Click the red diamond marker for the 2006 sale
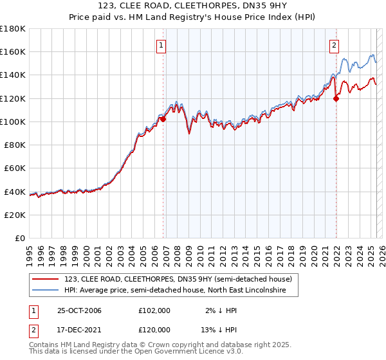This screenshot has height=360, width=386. click(163, 119)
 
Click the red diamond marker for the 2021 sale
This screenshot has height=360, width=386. click(336, 98)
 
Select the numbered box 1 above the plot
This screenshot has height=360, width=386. click(160, 45)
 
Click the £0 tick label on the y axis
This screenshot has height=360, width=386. click(20, 238)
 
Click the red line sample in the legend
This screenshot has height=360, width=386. click(46, 279)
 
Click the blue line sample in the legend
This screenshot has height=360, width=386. click(46, 291)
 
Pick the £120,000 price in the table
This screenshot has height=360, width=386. click(154, 330)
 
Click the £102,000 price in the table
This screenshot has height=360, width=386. click(154, 310)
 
